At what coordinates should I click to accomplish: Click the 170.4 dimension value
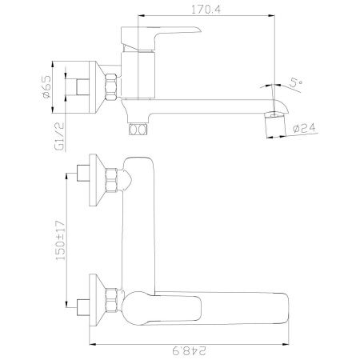[x=206, y=10]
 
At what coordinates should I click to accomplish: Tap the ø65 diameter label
[x=46, y=86]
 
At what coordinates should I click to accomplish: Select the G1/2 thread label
[x=59, y=137]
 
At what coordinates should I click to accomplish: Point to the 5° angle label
[x=296, y=83]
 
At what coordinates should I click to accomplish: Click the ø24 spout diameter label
[x=304, y=128]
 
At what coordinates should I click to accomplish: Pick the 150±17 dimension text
[x=61, y=241]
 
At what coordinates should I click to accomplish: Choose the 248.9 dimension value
[x=190, y=350]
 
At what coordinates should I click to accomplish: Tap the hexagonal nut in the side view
[x=111, y=86]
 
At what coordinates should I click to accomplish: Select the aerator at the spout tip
[x=274, y=124]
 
